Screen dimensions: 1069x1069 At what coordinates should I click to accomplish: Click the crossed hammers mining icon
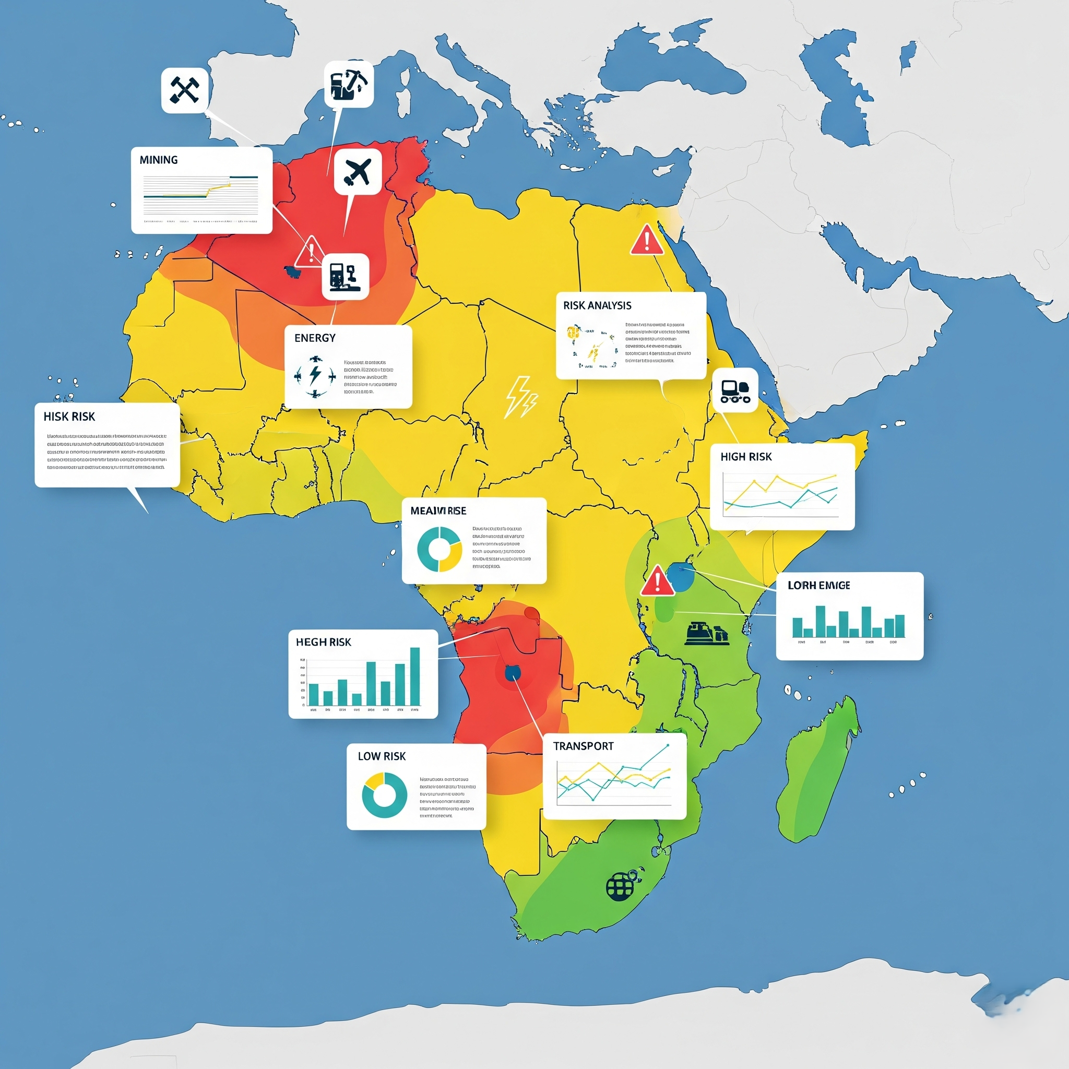point(184,90)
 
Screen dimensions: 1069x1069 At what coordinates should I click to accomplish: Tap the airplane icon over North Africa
point(358,172)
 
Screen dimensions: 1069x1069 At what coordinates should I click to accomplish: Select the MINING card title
point(159,160)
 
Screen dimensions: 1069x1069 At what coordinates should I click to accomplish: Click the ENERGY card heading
point(315,338)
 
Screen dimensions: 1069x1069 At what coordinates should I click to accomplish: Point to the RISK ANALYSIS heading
point(597,305)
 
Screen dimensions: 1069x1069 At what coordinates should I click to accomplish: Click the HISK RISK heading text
point(69,417)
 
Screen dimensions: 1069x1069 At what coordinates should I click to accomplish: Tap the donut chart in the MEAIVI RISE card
point(440,550)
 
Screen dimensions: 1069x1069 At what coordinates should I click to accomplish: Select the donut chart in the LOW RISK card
point(384,795)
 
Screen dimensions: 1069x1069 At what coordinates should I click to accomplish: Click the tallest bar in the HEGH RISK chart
point(414,676)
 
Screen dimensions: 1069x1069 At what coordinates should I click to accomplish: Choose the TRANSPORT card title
point(583,746)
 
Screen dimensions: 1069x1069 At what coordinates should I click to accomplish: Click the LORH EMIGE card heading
point(818,586)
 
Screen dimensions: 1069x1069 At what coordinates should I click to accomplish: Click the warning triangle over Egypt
point(646,241)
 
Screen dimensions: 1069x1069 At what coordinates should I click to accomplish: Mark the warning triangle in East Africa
point(657,581)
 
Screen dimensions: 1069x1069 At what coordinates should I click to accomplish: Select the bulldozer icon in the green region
point(706,634)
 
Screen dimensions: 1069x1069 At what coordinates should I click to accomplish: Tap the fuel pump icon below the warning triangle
point(345,276)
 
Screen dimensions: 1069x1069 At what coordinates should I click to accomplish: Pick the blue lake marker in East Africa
point(681,577)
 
